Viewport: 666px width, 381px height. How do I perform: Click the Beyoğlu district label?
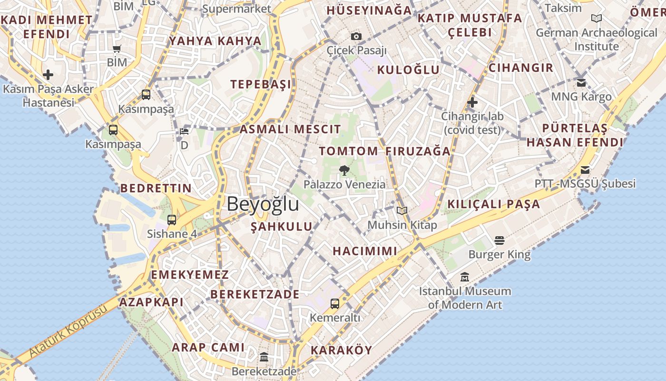pyautogui.click(x=263, y=204)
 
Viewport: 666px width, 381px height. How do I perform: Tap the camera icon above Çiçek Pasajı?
pyautogui.click(x=356, y=36)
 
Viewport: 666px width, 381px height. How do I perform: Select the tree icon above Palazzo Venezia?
pyautogui.click(x=344, y=170)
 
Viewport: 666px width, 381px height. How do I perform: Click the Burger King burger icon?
pyautogui.click(x=499, y=241)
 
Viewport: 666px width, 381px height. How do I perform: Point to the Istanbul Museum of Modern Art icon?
pyautogui.click(x=465, y=277)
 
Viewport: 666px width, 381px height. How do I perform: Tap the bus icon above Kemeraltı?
pyautogui.click(x=335, y=303)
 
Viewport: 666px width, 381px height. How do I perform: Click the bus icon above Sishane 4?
pyautogui.click(x=172, y=220)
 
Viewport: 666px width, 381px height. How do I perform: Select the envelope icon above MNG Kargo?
pyautogui.click(x=581, y=83)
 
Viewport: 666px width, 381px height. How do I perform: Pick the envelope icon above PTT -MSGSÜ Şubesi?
pyautogui.click(x=585, y=170)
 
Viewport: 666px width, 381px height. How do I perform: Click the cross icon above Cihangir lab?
pyautogui.click(x=472, y=102)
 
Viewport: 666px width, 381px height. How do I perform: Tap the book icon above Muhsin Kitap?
pyautogui.click(x=402, y=211)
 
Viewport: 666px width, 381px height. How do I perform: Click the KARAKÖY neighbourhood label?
pyautogui.click(x=341, y=351)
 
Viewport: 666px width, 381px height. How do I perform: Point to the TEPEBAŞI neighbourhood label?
pyautogui.click(x=261, y=85)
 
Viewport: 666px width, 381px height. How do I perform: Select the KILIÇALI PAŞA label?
pyautogui.click(x=494, y=204)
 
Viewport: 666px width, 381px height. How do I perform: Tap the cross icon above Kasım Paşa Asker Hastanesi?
pyautogui.click(x=48, y=75)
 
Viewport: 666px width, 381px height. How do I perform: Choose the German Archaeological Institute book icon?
pyautogui.click(x=596, y=19)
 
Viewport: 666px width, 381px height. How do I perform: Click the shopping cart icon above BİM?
pyautogui.click(x=117, y=48)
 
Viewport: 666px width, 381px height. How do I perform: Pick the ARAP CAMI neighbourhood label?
pyautogui.click(x=208, y=348)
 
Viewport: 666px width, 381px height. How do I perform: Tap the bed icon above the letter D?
pyautogui.click(x=184, y=131)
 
